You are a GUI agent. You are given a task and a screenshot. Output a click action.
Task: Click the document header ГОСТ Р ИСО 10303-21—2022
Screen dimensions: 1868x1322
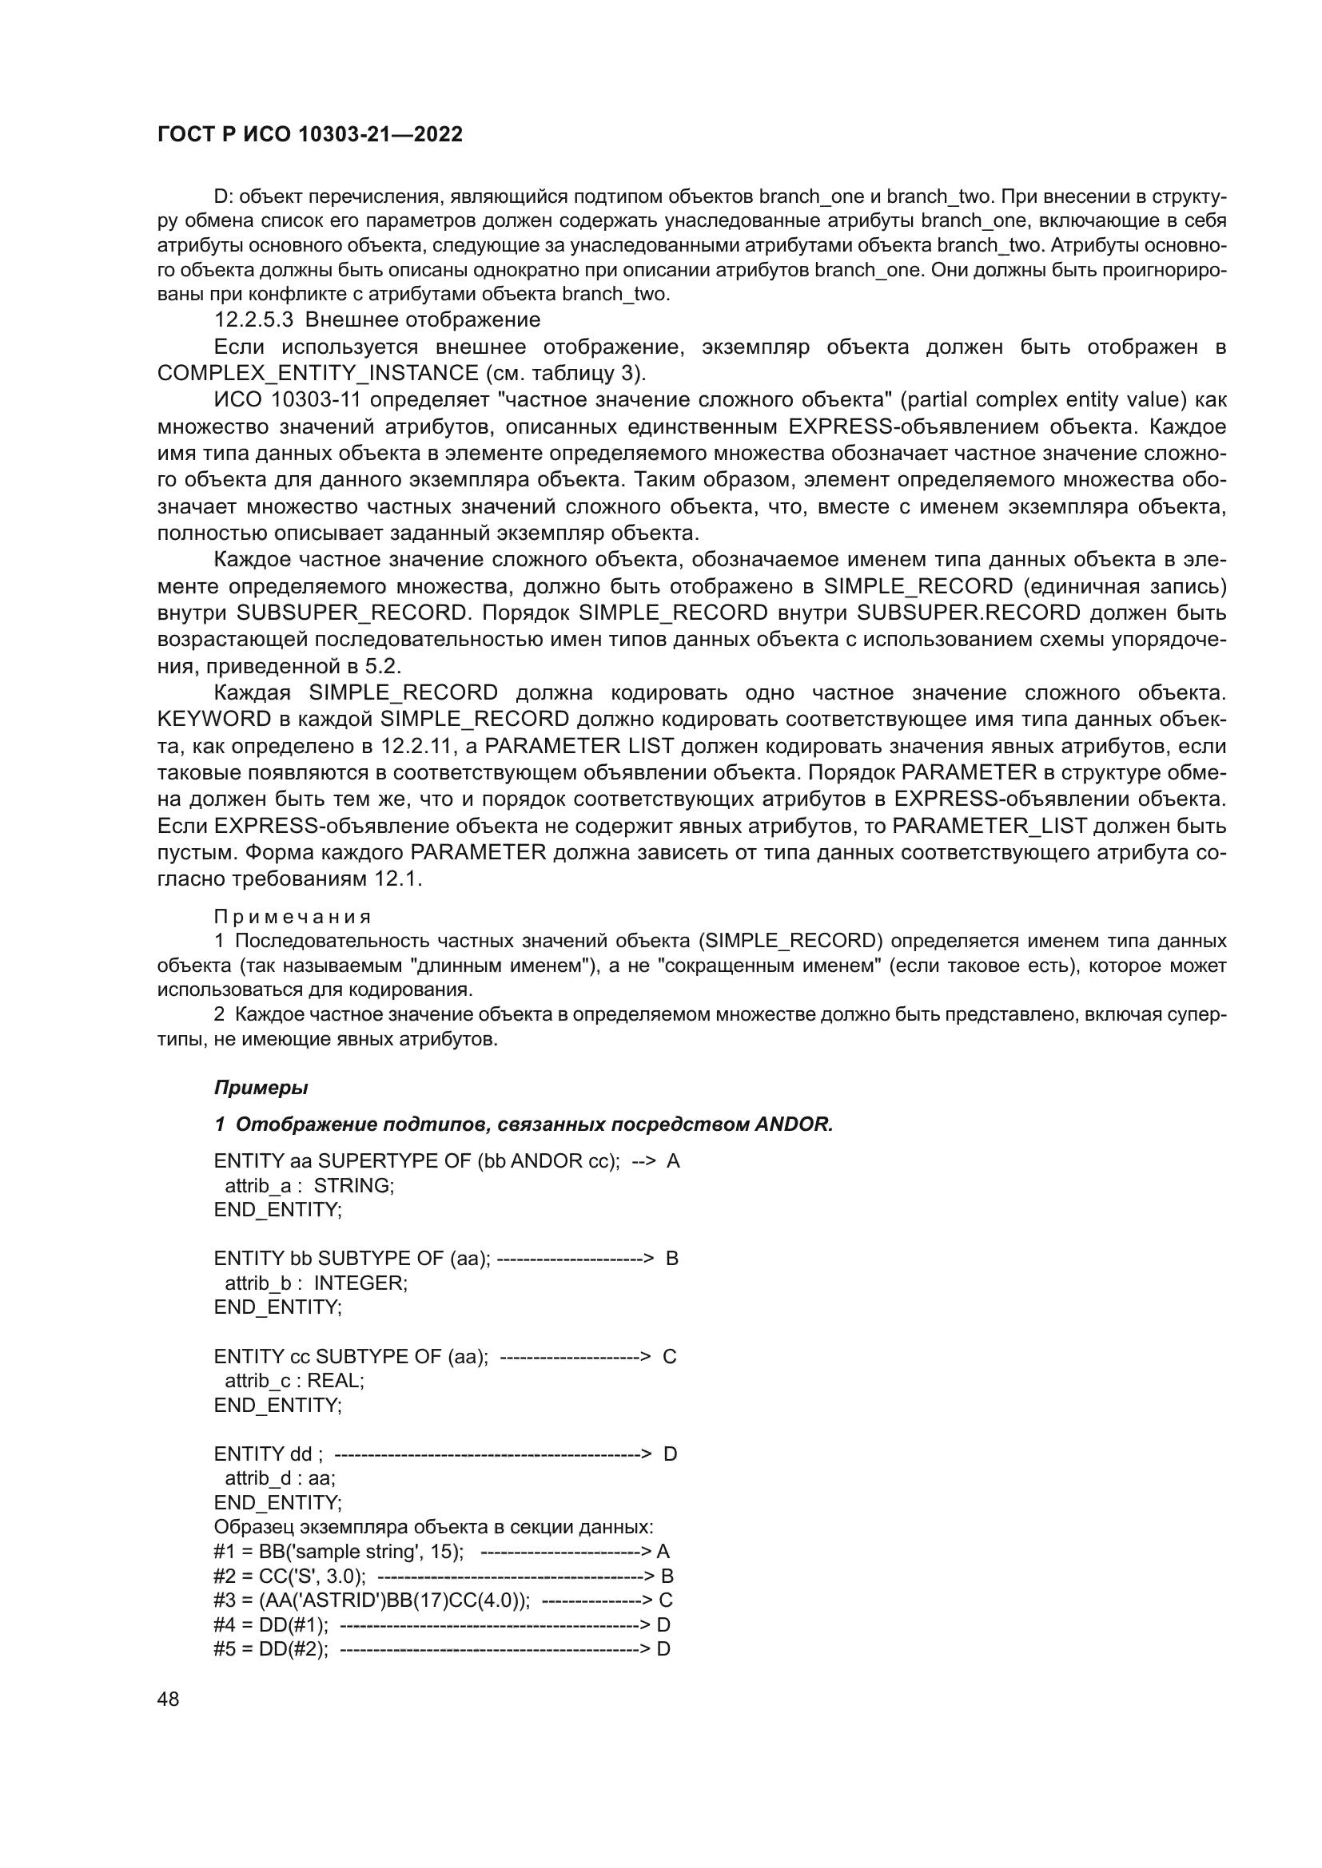309,135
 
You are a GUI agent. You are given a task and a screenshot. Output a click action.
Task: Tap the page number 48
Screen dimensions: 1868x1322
169,1699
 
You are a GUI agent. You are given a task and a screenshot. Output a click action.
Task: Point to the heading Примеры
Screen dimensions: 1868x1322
261,1088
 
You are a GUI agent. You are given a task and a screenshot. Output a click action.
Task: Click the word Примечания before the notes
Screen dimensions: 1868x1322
293,917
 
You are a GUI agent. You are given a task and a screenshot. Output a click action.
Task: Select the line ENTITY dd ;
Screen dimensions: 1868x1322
269,1454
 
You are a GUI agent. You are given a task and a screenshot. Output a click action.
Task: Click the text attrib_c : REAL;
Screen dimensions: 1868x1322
294,1381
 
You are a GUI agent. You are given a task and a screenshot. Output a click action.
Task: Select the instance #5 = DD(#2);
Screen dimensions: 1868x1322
271,1649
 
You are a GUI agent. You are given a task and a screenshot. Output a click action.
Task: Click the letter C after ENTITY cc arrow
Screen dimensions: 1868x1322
669,1356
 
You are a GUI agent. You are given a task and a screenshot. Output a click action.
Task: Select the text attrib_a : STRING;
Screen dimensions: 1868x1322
309,1185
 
